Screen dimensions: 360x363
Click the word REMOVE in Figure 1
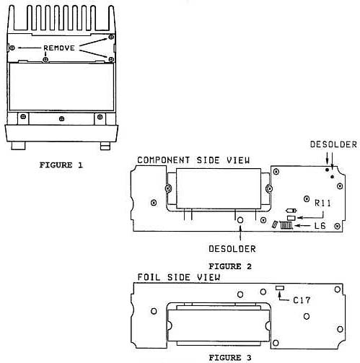tap(59, 48)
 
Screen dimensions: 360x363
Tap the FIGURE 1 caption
tap(61, 165)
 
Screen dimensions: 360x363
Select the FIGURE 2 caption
tap(230, 266)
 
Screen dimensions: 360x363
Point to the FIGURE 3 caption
tap(230, 358)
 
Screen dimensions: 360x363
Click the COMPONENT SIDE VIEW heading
tap(193, 160)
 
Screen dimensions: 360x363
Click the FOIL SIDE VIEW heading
tap(178, 277)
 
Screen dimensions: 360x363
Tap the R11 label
tap(322, 204)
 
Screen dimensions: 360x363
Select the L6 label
tap(320, 226)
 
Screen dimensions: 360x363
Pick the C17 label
tap(302, 300)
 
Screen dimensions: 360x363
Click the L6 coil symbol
tap(286, 225)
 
